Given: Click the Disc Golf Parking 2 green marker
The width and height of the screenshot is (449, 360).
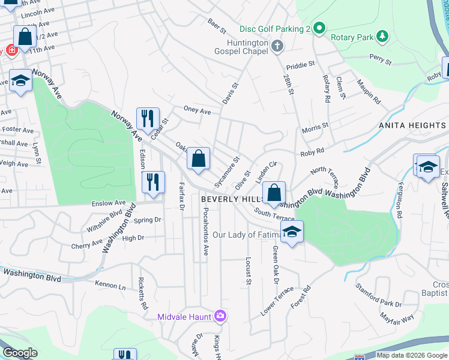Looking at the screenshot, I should (x=319, y=28).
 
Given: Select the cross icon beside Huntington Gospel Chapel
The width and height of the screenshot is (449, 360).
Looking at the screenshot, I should (x=277, y=46).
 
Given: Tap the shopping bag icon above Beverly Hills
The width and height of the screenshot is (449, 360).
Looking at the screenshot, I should (x=274, y=193).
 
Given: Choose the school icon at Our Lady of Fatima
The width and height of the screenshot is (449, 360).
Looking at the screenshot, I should (x=292, y=232).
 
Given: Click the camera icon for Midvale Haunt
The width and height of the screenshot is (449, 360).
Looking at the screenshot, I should (x=220, y=316).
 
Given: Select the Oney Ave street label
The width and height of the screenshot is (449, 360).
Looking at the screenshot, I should (x=197, y=111).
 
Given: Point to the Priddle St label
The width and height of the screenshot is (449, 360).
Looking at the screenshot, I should (x=300, y=65).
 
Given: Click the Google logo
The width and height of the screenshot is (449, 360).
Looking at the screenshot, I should (x=19, y=353).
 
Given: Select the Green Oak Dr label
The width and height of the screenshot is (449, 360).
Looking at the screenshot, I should (x=276, y=265).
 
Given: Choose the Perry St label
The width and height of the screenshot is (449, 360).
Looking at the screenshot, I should (x=381, y=61).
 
